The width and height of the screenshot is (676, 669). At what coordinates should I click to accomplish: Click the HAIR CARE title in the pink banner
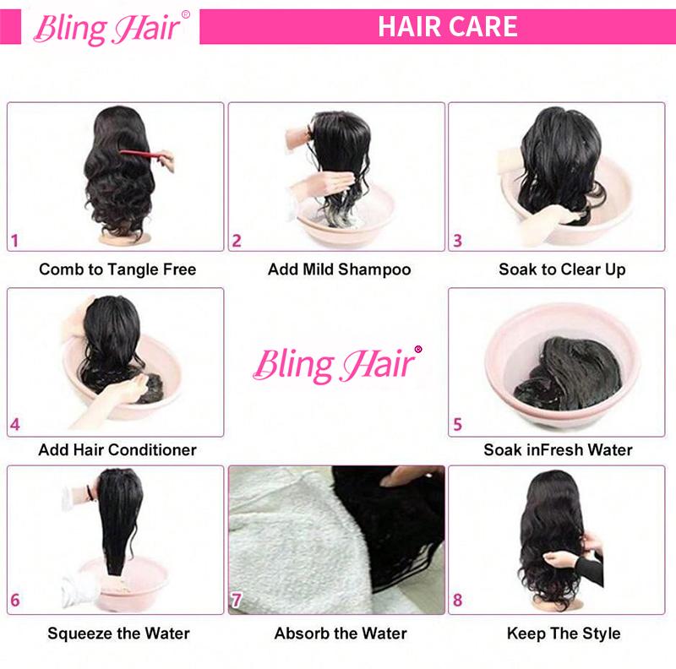tap(447, 26)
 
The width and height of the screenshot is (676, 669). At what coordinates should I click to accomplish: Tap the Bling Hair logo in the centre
tap(336, 364)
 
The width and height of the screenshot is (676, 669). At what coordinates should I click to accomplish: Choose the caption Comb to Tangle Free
tap(117, 270)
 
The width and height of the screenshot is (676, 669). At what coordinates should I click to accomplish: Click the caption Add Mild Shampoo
tap(339, 270)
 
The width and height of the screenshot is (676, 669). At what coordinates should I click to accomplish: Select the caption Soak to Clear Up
tap(561, 270)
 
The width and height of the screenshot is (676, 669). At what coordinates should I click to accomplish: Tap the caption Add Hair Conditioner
tap(117, 449)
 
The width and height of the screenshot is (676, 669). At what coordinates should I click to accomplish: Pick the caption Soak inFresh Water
tap(558, 449)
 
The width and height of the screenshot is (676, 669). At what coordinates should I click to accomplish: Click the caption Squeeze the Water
tap(118, 633)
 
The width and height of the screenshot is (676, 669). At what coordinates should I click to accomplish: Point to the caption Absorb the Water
tap(341, 633)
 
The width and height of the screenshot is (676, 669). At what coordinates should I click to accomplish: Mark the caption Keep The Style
tap(564, 633)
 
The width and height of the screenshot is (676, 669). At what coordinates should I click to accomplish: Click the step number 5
tap(458, 425)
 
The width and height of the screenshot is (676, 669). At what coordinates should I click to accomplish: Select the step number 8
tap(458, 602)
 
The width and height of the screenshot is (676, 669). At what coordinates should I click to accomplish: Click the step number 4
tap(15, 425)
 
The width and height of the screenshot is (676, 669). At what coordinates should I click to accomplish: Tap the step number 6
tap(15, 602)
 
